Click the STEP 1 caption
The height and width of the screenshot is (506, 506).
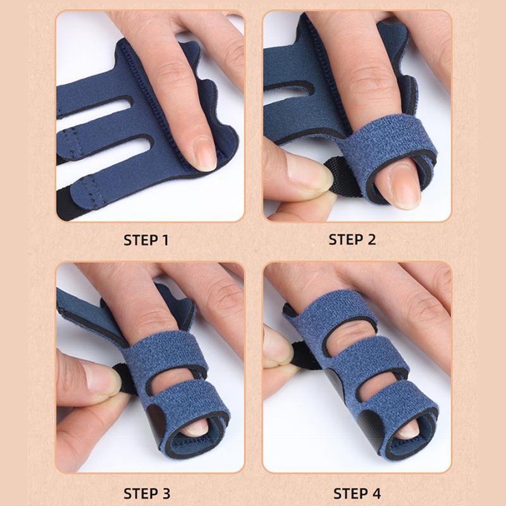pyautogui.click(x=146, y=240)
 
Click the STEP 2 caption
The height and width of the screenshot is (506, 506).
pyautogui.click(x=356, y=240)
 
